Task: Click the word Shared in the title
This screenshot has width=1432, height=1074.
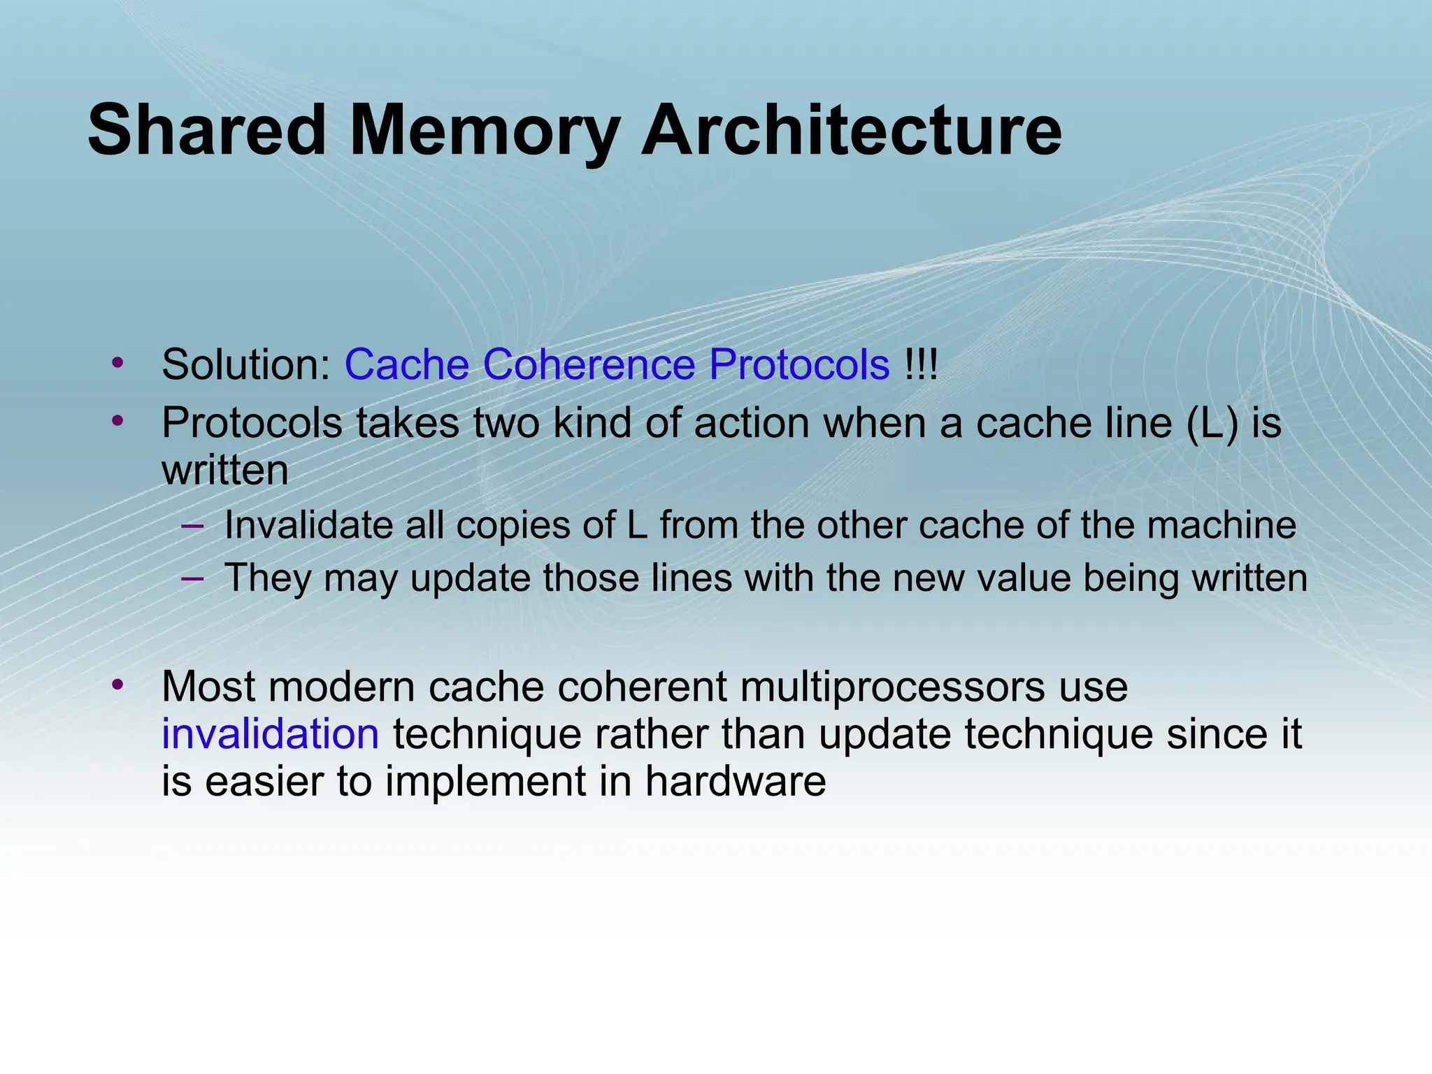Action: (207, 131)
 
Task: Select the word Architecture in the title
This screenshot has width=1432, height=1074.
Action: (851, 131)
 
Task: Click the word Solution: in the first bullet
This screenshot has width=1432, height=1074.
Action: (246, 365)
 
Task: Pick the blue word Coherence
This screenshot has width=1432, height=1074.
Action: (589, 365)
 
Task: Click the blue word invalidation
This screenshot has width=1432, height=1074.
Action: (271, 734)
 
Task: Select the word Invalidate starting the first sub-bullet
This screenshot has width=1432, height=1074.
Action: (308, 525)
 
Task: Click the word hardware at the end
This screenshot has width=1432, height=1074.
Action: (735, 781)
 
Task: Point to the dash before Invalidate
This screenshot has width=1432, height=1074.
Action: (192, 524)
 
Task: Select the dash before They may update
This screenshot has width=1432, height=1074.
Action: (192, 578)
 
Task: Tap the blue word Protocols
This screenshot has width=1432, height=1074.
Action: (799, 365)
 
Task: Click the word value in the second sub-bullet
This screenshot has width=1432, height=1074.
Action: (1019, 578)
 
